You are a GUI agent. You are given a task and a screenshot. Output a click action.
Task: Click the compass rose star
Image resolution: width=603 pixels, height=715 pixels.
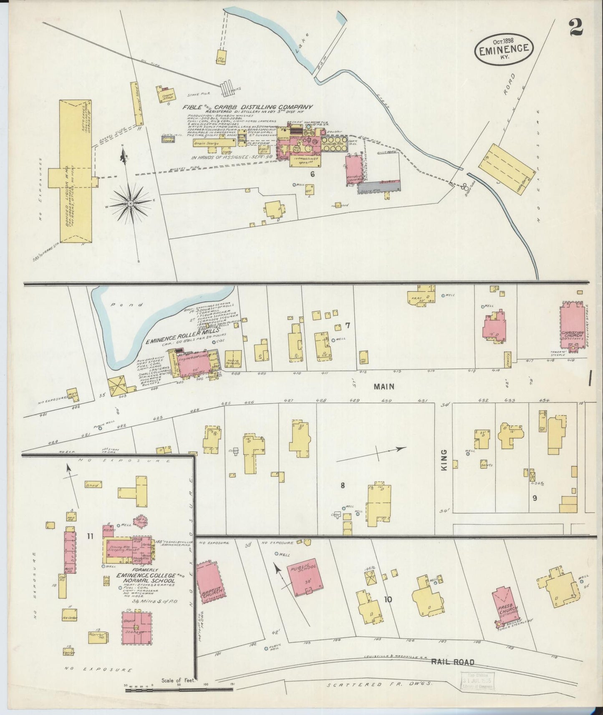[131, 203]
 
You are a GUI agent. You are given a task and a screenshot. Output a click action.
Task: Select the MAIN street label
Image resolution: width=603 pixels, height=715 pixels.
[383, 387]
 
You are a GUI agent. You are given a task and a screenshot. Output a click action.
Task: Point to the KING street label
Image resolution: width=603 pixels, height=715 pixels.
[444, 460]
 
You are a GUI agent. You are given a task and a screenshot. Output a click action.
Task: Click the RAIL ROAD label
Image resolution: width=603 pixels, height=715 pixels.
[452, 662]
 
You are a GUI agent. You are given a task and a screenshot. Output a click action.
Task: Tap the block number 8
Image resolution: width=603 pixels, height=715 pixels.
[342, 485]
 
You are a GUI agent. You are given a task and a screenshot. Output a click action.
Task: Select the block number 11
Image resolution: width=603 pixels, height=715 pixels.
[90, 536]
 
